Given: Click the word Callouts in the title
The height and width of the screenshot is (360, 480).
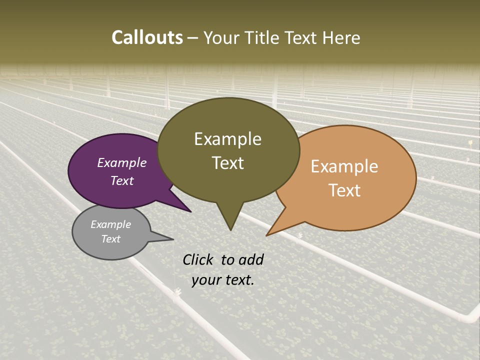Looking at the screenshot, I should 147,37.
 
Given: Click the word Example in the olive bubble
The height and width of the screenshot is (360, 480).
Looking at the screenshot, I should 227,139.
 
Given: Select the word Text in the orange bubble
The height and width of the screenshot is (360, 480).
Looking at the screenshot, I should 345,190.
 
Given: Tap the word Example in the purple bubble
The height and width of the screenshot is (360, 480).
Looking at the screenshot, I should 122,163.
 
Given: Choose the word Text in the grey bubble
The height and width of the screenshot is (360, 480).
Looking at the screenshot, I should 111,239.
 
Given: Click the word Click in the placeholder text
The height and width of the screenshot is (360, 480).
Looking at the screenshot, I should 198,260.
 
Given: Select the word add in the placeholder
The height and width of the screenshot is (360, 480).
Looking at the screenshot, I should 251,260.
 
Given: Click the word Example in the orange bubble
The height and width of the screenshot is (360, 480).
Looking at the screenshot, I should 344,166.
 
